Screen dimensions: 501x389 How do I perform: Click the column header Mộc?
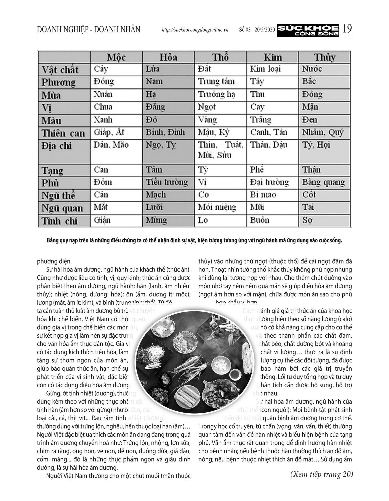pos(116,57)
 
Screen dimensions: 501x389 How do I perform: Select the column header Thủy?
pos(324,57)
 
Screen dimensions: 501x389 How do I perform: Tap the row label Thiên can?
pos(63,133)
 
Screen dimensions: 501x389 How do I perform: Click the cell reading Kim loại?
pos(265,69)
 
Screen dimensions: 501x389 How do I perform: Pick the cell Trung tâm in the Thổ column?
pos(216,82)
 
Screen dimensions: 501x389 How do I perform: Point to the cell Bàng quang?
pos(323,182)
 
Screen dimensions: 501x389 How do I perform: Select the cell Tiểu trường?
pos(167,182)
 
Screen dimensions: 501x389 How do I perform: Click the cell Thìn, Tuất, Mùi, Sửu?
pos(220,150)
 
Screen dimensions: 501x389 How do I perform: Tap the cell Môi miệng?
pos(217,207)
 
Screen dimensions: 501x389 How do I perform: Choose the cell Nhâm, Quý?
pos(323,132)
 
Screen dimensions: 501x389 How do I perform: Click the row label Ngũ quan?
pos(62,208)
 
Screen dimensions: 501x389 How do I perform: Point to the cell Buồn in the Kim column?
pos(260,220)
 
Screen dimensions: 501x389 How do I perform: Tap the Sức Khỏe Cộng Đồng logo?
pos(308,30)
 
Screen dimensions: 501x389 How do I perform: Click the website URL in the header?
pos(195,30)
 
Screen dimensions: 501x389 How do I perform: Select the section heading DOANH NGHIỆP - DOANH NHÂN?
pos(89,30)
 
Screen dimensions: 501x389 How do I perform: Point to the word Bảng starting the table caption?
pos(52,241)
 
